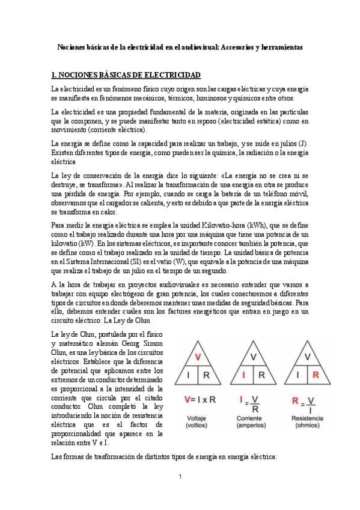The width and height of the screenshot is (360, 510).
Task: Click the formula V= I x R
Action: click(x=199, y=399)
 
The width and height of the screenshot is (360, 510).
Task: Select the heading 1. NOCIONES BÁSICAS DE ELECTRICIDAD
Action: click(x=126, y=75)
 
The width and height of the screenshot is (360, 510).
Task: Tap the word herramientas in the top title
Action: click(x=281, y=46)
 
